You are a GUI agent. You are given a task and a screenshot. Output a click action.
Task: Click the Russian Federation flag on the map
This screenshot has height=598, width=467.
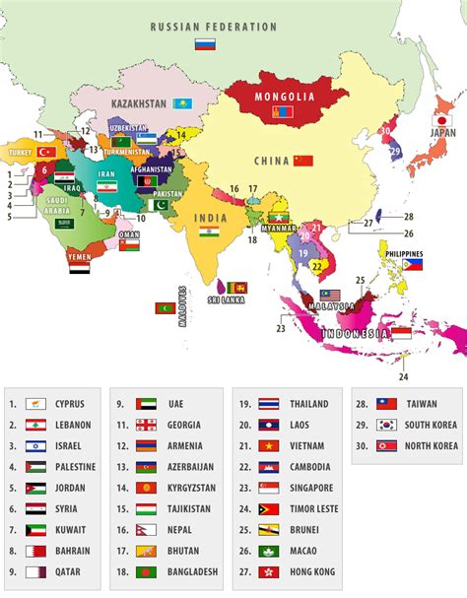click(205, 44)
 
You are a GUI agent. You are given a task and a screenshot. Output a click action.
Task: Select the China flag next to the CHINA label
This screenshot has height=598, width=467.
click(302, 161)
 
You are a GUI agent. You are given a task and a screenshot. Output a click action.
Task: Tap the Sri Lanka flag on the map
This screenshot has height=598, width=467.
click(238, 288)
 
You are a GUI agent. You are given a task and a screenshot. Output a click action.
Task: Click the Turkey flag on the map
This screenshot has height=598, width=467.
click(46, 152)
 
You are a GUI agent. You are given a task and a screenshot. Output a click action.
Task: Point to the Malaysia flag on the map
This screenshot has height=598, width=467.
click(329, 296)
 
